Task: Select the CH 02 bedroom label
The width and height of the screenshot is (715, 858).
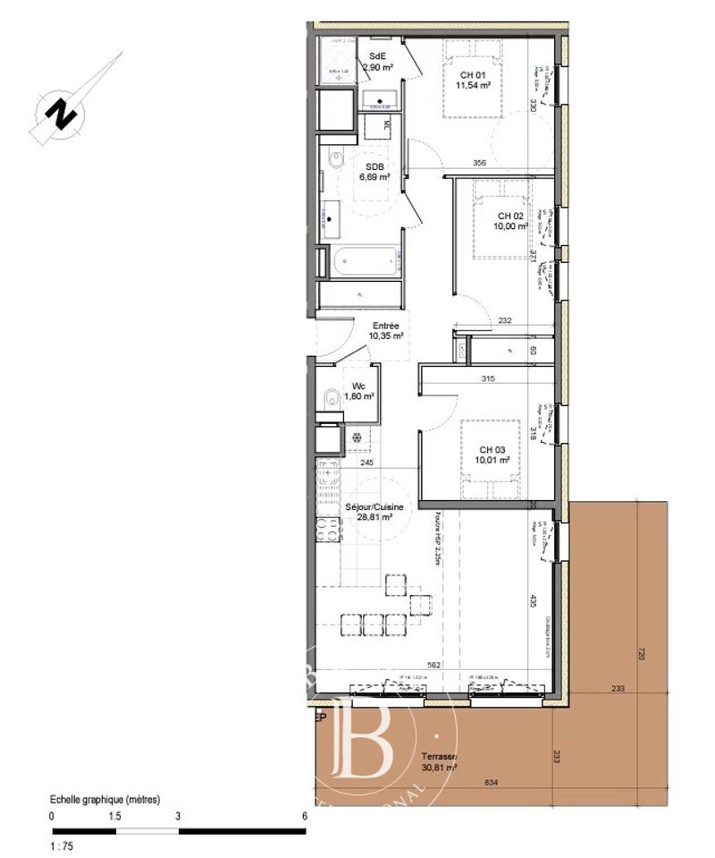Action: click(x=510, y=221)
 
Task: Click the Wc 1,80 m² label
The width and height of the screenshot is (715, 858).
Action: click(x=357, y=391)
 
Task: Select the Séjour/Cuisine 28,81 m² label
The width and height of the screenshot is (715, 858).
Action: click(x=374, y=512)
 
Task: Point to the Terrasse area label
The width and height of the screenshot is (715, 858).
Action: click(x=439, y=762)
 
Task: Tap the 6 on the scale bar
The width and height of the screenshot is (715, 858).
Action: click(x=305, y=816)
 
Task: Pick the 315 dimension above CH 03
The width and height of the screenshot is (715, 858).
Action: click(x=488, y=378)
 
